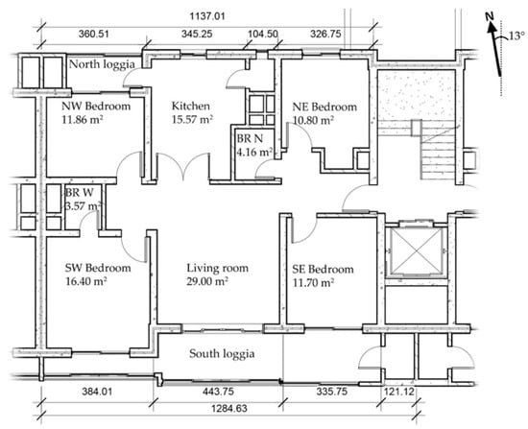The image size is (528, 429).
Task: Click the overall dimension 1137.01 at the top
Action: pos(207,15)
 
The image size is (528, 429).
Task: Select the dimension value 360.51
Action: pos(94,34)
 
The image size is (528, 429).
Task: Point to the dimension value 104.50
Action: pos(263,34)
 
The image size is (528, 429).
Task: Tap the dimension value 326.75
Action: pos(325,34)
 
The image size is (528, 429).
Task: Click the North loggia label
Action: pos(102,64)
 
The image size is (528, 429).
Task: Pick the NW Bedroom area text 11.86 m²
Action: pos(83,119)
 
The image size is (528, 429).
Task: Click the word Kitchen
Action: pos(191,106)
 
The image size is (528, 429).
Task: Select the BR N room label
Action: pos(250,138)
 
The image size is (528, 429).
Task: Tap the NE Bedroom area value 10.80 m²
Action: pos(313,120)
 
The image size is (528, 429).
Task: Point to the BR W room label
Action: pos(79,193)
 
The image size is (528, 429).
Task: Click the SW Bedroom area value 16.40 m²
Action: pos(86,281)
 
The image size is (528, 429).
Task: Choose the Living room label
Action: pos(218,268)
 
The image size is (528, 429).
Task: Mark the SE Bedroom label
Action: pos(323,269)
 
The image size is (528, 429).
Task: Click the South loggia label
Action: pos(222,353)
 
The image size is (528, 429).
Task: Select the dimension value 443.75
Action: pos(218,392)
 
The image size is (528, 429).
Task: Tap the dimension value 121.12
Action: pos(398,392)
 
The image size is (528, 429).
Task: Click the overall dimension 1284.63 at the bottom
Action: pos(229,409)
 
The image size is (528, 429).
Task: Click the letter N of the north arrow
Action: pos(490,16)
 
